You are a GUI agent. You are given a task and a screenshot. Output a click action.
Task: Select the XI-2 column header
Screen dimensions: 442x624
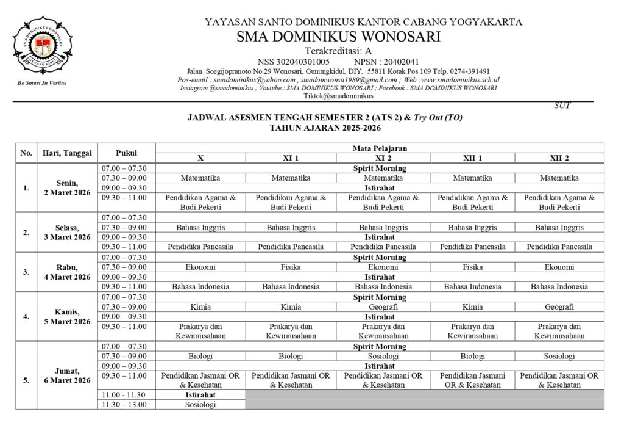[x=383, y=158]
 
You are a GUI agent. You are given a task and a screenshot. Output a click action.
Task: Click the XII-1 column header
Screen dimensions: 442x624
[x=472, y=158]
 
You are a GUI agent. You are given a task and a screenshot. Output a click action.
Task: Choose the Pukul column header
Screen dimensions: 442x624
[x=126, y=153]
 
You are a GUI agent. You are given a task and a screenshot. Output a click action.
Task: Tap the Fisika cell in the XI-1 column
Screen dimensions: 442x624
[x=291, y=267]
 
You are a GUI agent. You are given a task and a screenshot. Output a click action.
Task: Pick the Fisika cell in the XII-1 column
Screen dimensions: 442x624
[x=472, y=267]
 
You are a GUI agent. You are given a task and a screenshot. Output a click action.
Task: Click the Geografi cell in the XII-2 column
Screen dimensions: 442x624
[x=559, y=307]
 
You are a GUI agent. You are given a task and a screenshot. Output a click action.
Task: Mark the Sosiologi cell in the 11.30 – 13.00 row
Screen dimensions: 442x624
[x=200, y=404]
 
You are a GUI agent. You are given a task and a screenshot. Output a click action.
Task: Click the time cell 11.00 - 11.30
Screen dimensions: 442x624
[x=126, y=395]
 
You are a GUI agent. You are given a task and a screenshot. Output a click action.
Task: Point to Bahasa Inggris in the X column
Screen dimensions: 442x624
[x=200, y=227]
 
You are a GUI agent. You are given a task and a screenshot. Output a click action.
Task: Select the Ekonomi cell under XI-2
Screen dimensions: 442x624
[x=383, y=267]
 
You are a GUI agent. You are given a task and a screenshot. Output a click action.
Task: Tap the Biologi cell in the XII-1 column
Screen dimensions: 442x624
[x=472, y=356]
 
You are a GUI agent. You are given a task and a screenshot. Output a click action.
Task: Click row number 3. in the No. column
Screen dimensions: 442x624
[x=26, y=272]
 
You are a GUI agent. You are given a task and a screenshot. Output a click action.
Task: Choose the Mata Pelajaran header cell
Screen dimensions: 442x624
[x=380, y=148]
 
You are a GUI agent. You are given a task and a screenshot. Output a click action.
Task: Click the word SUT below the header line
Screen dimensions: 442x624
[x=562, y=106]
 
